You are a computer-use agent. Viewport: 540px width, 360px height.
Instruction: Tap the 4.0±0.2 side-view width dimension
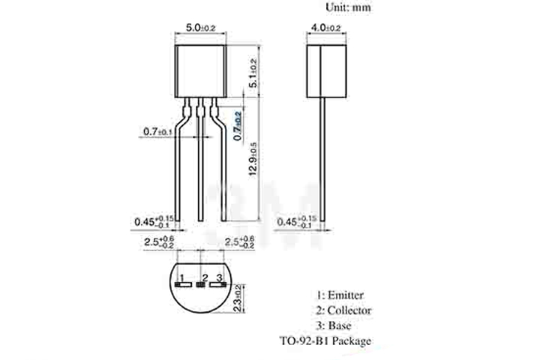pos(324,28)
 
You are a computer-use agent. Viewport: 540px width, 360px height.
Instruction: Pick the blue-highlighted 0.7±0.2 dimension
pos(238,127)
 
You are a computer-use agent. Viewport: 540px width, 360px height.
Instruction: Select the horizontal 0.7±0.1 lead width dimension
pos(158,132)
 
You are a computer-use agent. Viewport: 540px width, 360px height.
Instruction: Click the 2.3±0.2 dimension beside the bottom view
pos(238,298)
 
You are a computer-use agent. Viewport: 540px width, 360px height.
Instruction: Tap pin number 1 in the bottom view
pos(181,277)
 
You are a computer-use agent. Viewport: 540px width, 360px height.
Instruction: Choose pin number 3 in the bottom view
pos(219,277)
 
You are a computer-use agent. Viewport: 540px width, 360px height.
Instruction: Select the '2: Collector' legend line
pos(343,310)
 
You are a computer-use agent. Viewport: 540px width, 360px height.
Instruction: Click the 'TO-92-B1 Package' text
pos(325,341)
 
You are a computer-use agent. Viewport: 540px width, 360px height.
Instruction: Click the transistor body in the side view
pos(324,70)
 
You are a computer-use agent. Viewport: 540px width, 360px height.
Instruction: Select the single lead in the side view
pos(324,157)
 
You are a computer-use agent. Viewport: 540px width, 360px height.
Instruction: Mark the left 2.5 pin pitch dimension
pos(159,241)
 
